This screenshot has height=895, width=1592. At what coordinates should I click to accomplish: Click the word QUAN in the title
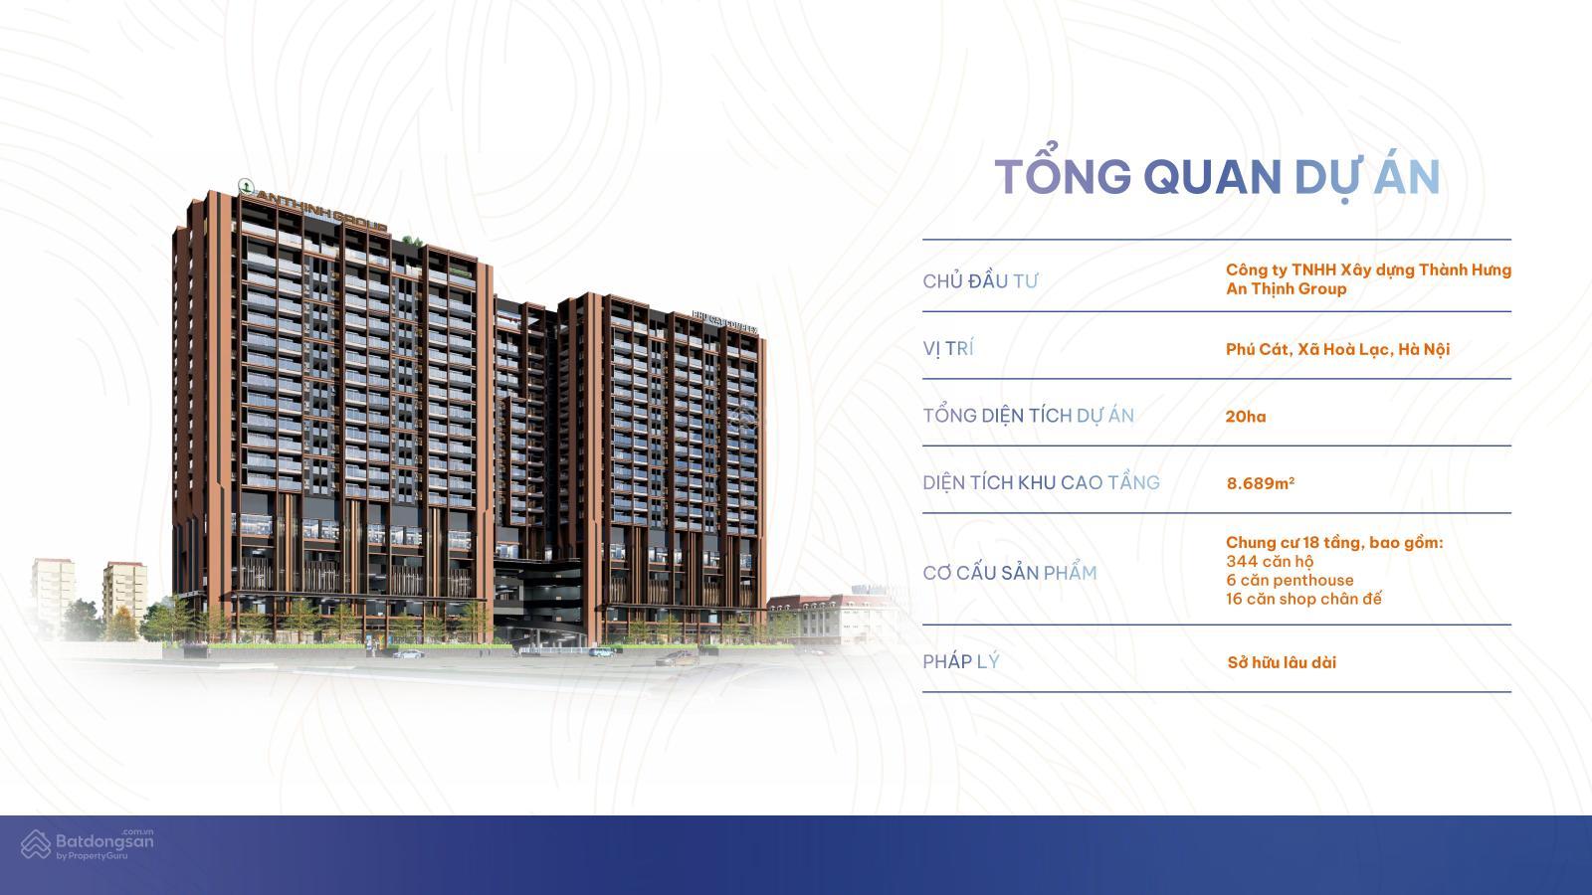tap(1212, 177)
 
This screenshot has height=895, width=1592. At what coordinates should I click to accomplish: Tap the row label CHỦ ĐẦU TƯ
tap(980, 281)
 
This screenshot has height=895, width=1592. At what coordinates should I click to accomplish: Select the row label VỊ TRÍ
tap(948, 348)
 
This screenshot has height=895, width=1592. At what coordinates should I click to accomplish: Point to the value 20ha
tap(1246, 417)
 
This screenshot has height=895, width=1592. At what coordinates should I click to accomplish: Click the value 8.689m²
tap(1260, 483)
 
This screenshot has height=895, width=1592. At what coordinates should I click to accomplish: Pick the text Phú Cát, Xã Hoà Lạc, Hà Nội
tap(1337, 349)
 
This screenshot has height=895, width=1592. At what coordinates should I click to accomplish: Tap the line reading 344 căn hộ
tap(1270, 562)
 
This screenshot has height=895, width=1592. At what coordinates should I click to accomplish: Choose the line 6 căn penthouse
tap(1290, 580)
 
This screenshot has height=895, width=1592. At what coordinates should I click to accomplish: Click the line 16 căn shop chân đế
tap(1303, 599)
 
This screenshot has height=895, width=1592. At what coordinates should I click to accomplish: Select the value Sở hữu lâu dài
tap(1282, 662)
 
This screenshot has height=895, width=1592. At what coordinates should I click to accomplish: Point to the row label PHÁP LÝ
tap(960, 661)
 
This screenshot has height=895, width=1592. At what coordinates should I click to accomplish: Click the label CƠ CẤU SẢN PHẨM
tap(1009, 573)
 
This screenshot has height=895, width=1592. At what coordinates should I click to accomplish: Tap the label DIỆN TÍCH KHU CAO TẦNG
tap(1041, 482)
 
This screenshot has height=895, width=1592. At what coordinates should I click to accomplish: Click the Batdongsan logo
tap(88, 844)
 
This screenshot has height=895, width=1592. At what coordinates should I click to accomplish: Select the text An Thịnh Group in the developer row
tap(1286, 288)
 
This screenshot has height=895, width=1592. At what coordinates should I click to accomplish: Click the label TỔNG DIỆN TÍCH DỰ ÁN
tap(1028, 416)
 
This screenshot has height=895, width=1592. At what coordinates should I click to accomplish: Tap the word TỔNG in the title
tap(1063, 177)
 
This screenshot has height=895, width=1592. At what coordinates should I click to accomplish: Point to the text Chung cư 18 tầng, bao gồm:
tap(1333, 543)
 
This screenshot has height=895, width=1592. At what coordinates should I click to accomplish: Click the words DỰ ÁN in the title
tap(1367, 177)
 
